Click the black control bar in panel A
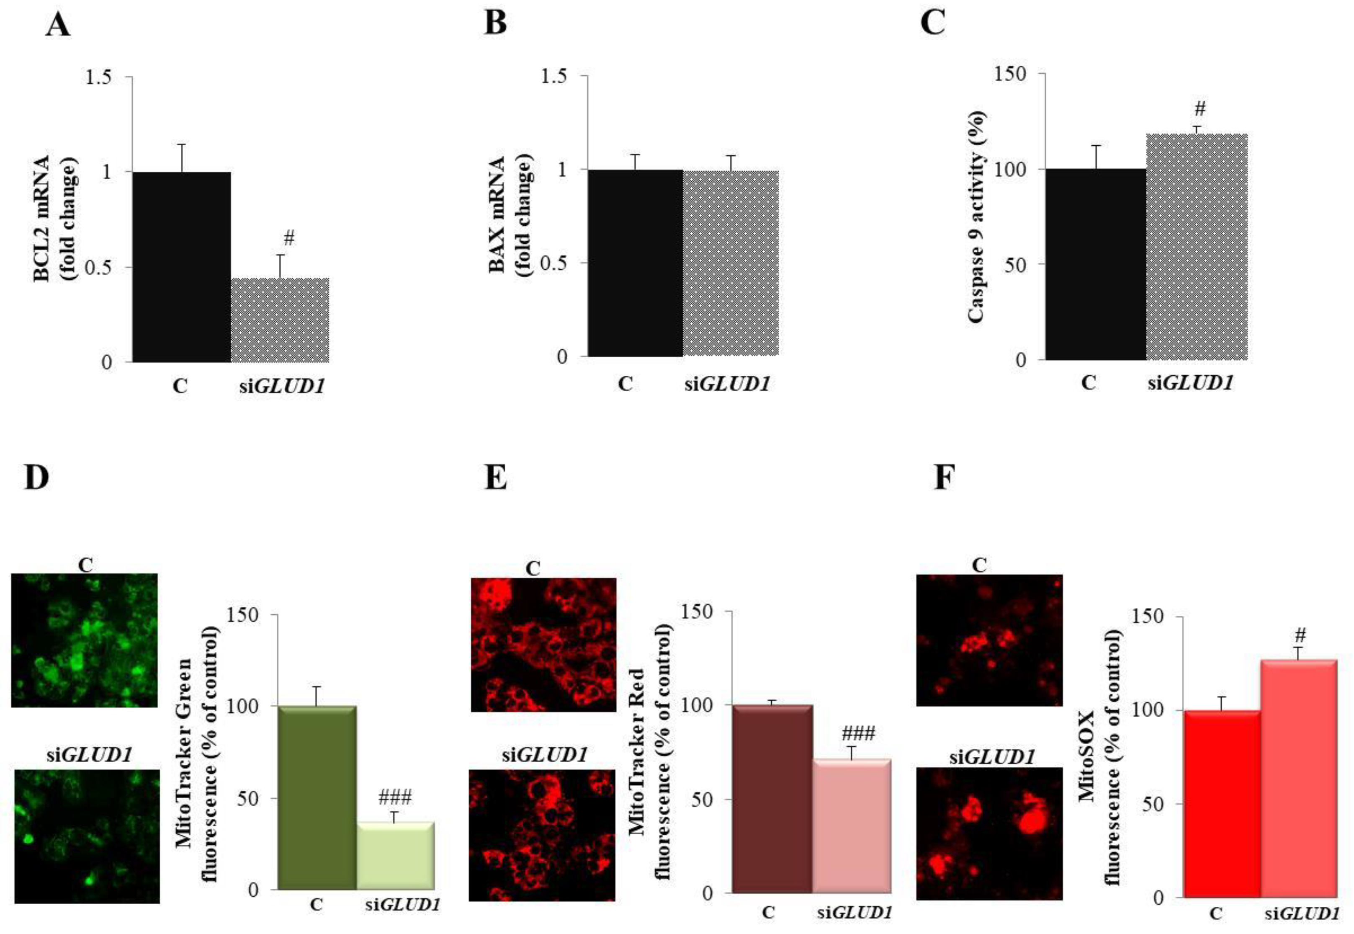pyautogui.click(x=181, y=266)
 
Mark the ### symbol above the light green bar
pyautogui.click(x=395, y=797)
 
